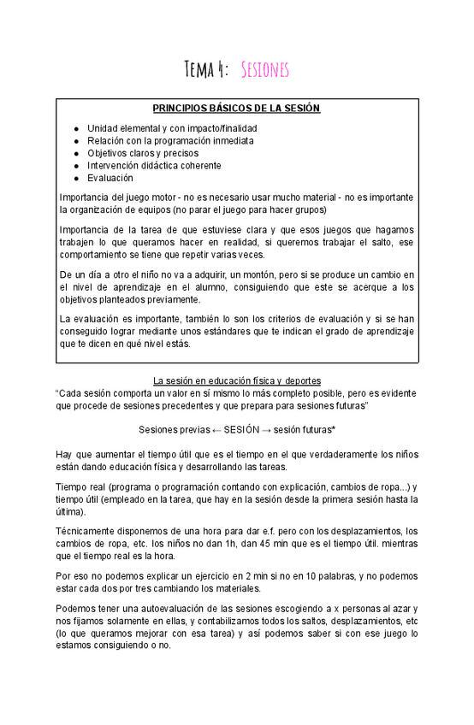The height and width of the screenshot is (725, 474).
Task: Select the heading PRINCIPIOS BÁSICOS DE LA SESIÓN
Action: (x=236, y=109)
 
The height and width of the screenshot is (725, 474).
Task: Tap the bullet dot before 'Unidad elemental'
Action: (x=77, y=127)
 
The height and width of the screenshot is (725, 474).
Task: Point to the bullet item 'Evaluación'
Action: (x=110, y=178)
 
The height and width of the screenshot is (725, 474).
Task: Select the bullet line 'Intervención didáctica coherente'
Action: (x=154, y=165)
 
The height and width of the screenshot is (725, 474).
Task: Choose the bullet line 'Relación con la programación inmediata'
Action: (x=169, y=140)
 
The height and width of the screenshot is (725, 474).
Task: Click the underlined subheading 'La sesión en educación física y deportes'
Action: (x=236, y=380)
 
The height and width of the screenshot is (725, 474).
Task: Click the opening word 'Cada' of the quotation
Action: (x=71, y=392)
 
